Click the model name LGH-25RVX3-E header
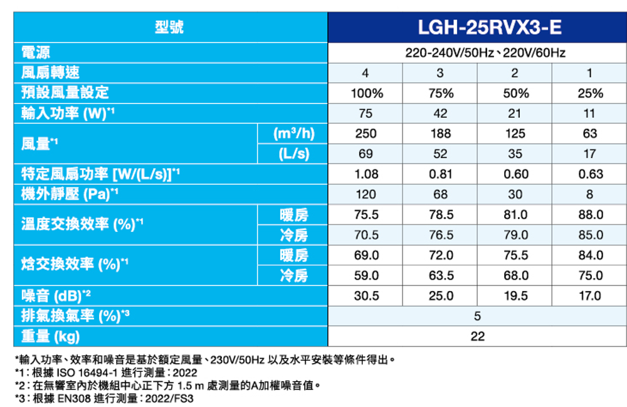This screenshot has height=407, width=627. click(x=477, y=28)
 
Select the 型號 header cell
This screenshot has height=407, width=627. click(x=169, y=28)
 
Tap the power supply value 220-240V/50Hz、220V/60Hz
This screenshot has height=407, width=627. click(x=477, y=53)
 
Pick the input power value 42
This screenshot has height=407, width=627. click(x=441, y=114)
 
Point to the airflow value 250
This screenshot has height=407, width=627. click(x=366, y=134)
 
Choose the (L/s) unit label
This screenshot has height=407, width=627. click(x=292, y=154)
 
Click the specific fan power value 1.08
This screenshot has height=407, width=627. click(x=366, y=174)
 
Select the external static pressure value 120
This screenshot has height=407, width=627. click(x=366, y=194)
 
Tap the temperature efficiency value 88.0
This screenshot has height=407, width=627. click(x=590, y=214)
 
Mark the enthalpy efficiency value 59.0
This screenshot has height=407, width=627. click(x=366, y=275)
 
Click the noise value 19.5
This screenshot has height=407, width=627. click(x=515, y=295)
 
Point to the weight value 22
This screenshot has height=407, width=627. click(x=477, y=336)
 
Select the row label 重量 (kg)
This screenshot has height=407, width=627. click(x=50, y=336)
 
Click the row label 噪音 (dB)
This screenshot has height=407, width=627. click(x=56, y=295)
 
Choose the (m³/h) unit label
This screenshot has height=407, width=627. click(x=292, y=134)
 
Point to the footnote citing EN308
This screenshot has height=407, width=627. click(x=104, y=398)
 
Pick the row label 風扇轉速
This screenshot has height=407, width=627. click(x=50, y=73)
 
